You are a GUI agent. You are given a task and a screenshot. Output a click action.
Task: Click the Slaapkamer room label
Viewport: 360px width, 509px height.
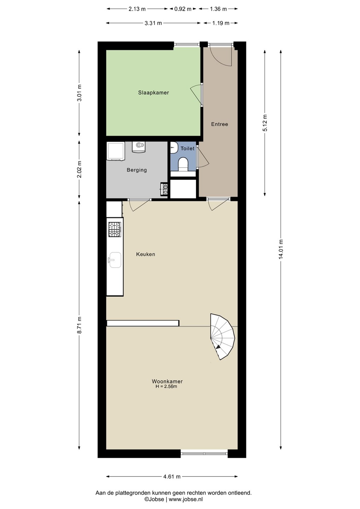click(x=153, y=93)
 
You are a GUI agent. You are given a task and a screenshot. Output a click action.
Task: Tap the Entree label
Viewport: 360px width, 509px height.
click(x=219, y=124)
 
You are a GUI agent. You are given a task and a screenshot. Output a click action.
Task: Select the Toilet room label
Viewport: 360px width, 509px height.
click(x=187, y=148)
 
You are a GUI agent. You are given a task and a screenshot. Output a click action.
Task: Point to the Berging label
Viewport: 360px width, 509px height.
click(x=137, y=170)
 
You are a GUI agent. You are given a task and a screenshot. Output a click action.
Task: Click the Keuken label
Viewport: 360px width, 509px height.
click(x=145, y=254)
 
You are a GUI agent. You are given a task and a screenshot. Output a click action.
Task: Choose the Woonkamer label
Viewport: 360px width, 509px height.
click(x=167, y=381)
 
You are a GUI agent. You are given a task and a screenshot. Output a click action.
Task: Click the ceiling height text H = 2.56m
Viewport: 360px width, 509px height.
click(x=166, y=386)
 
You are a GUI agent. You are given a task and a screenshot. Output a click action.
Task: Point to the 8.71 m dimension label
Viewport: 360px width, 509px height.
click(x=79, y=325)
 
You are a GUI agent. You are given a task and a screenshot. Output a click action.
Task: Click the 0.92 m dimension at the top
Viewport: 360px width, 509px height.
click(x=183, y=9)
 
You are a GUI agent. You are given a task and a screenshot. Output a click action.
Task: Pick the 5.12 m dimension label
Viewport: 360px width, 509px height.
click(x=265, y=123)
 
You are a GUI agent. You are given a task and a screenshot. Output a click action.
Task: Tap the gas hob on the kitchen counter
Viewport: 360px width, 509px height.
click(x=115, y=229)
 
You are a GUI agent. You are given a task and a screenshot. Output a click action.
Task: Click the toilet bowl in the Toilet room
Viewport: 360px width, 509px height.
click(x=183, y=164)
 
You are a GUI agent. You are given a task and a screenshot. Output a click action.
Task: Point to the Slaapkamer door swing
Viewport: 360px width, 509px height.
click(x=196, y=94)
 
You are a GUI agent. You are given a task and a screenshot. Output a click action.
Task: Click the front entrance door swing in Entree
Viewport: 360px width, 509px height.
click(x=220, y=56)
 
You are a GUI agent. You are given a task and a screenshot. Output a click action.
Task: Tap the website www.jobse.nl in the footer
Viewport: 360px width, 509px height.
click(x=186, y=499)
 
